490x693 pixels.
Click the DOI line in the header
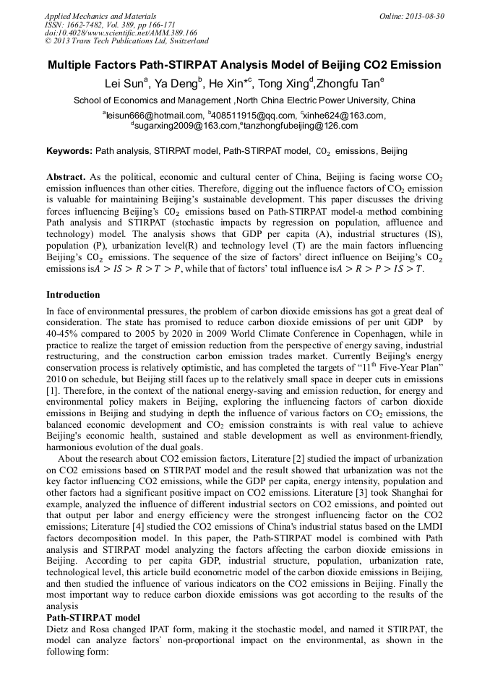(121, 33)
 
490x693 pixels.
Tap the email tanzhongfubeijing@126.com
(300, 126)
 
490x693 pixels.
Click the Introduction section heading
(73, 295)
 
